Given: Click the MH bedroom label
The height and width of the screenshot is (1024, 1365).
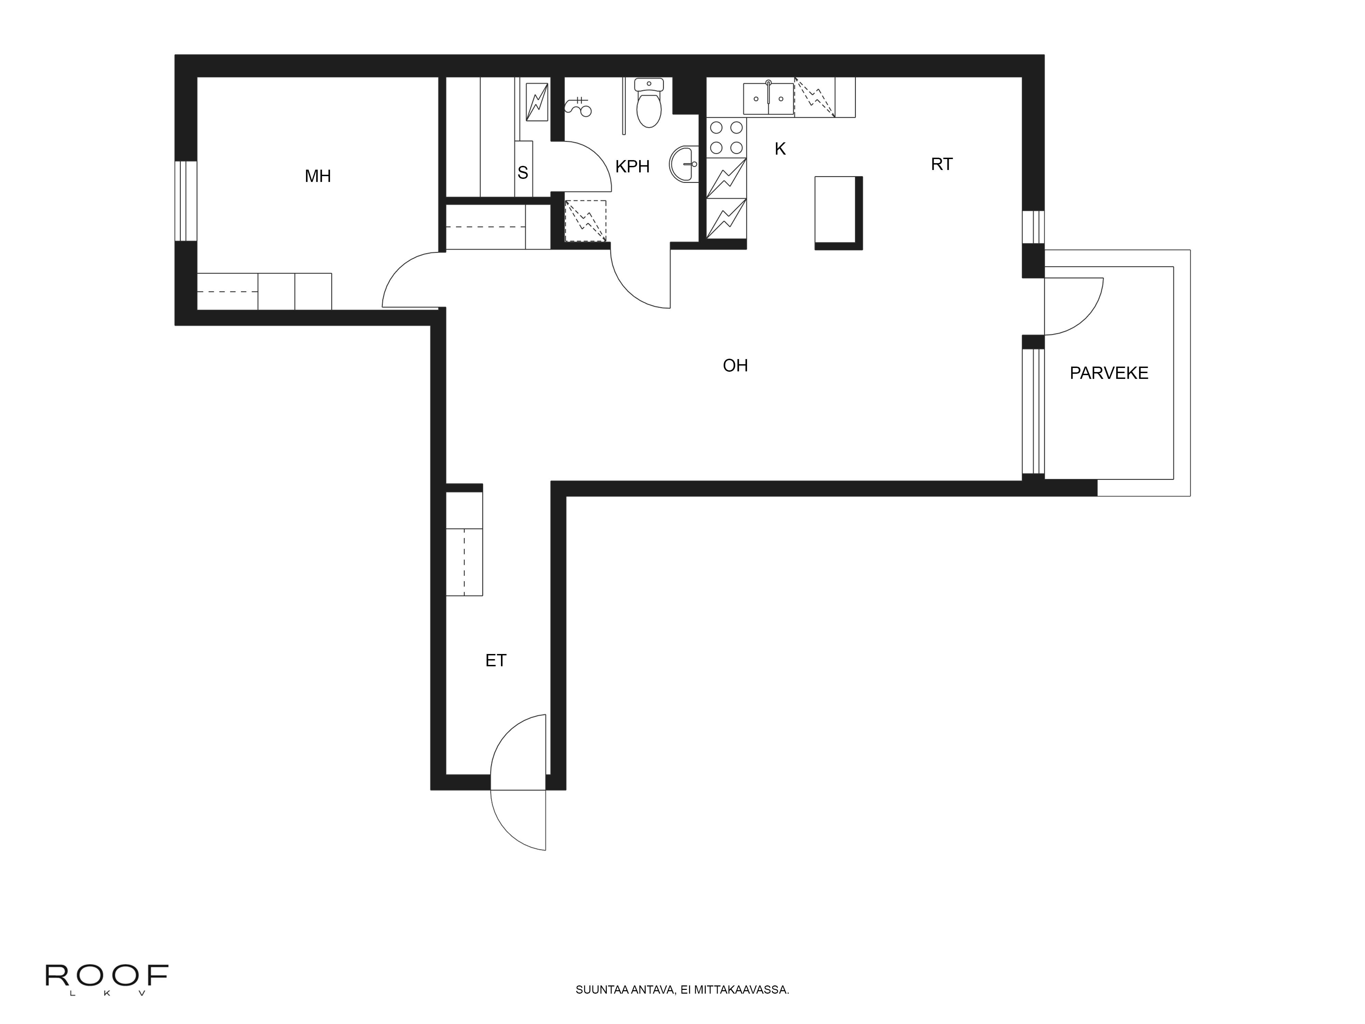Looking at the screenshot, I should (x=318, y=176).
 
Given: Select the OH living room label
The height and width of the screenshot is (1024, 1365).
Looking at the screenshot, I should (x=735, y=366).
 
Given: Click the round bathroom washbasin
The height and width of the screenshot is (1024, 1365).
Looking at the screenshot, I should (x=684, y=164).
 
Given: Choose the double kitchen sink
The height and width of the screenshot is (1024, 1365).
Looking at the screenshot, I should (x=768, y=99).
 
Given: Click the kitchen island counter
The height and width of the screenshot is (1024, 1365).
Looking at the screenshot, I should (x=836, y=210).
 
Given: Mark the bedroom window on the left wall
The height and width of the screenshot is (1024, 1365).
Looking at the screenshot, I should (x=185, y=201).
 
